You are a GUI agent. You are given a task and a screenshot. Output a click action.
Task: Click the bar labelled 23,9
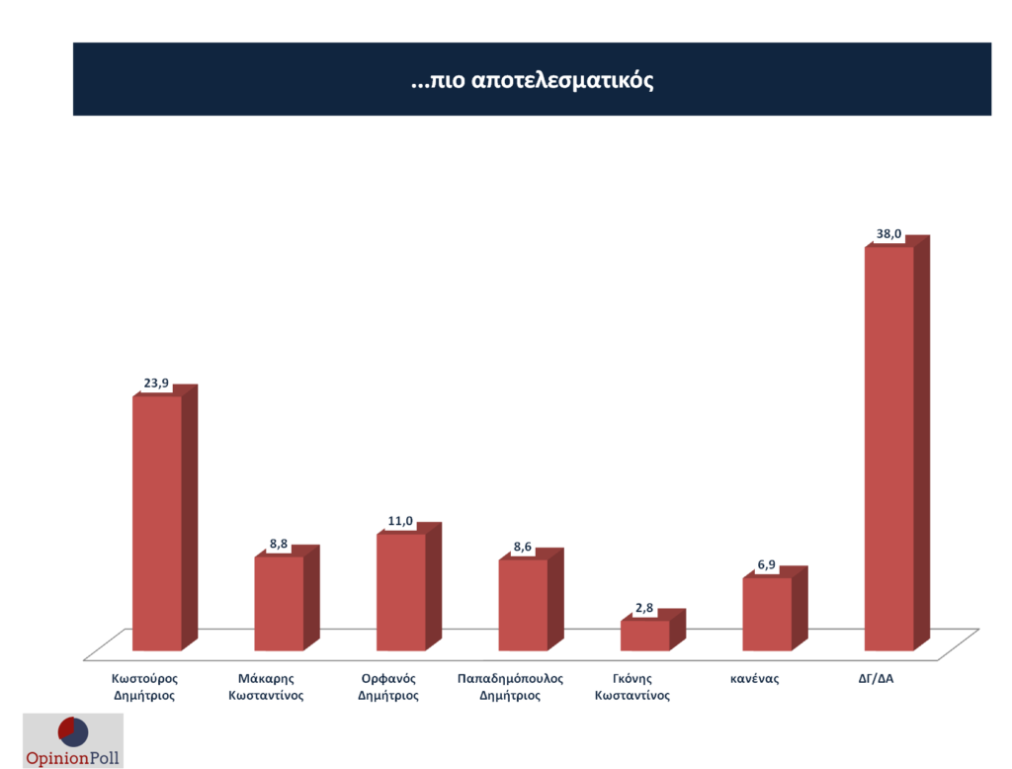pyautogui.click(x=156, y=523)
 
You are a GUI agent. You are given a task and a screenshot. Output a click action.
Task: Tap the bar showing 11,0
pyautogui.click(x=400, y=592)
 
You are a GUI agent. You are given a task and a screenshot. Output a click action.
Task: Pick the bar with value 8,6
pyautogui.click(x=522, y=605)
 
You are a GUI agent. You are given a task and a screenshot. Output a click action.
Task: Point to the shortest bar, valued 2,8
pyautogui.click(x=644, y=636)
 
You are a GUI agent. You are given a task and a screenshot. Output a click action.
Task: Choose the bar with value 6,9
pyautogui.click(x=766, y=614)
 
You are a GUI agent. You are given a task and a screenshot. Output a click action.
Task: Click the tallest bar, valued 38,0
pyautogui.click(x=888, y=449)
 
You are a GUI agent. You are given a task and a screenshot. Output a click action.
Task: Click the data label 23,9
pyautogui.click(x=156, y=383)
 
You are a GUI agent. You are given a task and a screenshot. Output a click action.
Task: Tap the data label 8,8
pyautogui.click(x=279, y=543)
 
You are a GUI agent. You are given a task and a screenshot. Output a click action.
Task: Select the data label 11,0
pyautogui.click(x=400, y=521)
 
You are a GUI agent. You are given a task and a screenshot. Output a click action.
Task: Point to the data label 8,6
pyautogui.click(x=522, y=546)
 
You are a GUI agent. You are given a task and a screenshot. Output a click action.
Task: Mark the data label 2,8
pyautogui.click(x=644, y=607)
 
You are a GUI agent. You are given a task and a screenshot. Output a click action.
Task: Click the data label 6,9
pyautogui.click(x=767, y=564)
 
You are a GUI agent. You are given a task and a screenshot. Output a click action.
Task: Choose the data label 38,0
pyautogui.click(x=888, y=234)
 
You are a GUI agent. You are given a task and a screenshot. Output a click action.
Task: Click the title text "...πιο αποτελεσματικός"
pyautogui.click(x=532, y=80)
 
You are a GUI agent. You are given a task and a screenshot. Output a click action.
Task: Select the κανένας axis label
pyautogui.click(x=755, y=679)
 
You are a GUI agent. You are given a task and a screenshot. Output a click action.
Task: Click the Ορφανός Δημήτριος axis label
pyautogui.click(x=388, y=687)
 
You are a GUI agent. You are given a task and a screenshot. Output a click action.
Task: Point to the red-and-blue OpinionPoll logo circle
pyautogui.click(x=73, y=732)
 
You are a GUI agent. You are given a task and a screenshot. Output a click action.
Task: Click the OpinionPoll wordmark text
pyautogui.click(x=72, y=758)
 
